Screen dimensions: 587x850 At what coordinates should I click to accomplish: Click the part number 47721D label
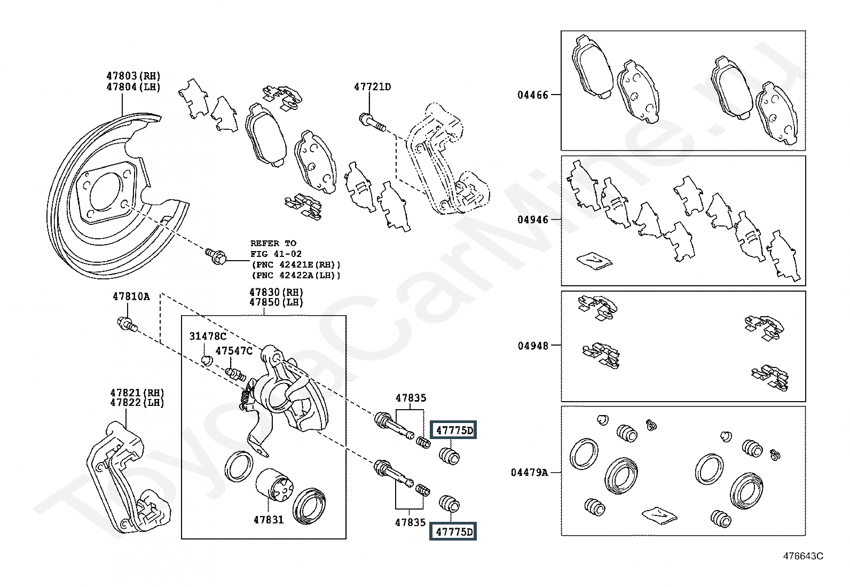[372, 87]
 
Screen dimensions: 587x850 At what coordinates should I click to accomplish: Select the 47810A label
[131, 296]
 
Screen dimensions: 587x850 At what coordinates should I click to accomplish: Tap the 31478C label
[208, 336]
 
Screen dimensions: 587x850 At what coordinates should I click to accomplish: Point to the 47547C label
[234, 350]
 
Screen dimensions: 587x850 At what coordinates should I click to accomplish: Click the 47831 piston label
[269, 519]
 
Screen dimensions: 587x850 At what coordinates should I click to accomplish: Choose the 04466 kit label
[532, 95]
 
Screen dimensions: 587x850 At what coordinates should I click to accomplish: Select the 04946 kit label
[532, 220]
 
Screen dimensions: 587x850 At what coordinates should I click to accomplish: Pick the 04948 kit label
[532, 346]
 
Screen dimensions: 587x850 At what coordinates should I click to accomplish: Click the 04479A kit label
[529, 472]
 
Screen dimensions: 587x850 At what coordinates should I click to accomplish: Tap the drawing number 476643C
[803, 556]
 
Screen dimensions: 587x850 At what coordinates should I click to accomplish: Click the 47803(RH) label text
[133, 76]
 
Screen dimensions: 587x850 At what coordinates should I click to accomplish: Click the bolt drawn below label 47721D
[373, 122]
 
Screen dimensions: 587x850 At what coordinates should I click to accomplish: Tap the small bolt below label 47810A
[127, 324]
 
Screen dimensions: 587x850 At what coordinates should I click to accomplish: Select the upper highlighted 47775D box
[454, 430]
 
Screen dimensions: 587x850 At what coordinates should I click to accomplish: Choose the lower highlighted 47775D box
[454, 531]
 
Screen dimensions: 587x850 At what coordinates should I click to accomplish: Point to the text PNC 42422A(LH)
[295, 275]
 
